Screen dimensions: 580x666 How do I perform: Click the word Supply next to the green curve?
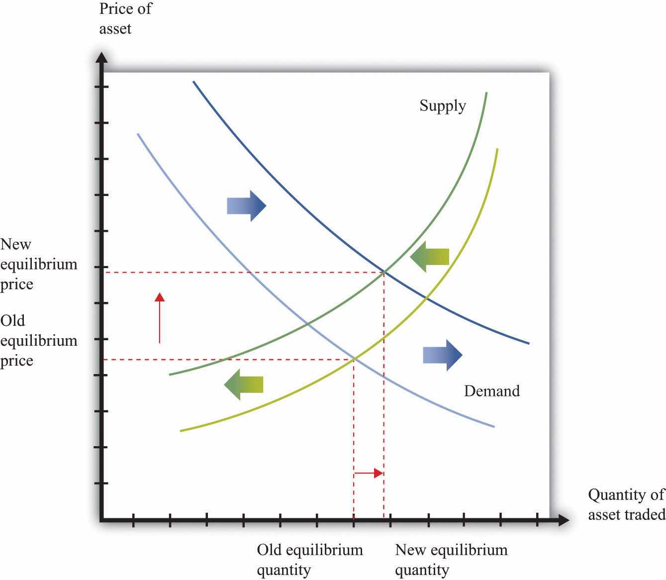coord(442,106)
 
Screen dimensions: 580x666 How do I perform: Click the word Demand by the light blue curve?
coord(491,391)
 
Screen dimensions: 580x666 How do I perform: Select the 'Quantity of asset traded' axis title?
coord(626,504)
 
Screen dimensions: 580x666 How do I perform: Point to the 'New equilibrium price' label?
coord(38,264)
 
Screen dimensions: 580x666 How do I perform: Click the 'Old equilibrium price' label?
coord(38,341)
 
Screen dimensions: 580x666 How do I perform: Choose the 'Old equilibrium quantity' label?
coord(309,560)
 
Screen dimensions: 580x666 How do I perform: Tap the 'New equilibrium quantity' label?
coord(451,560)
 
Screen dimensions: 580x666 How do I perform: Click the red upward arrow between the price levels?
coord(159,318)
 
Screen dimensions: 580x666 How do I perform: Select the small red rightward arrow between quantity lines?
coord(369,473)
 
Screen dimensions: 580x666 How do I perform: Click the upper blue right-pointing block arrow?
coord(247,205)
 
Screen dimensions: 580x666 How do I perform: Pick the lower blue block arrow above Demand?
coord(443,355)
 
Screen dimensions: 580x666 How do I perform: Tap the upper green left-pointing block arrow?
coord(430,257)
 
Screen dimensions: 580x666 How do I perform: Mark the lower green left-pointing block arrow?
coord(243,385)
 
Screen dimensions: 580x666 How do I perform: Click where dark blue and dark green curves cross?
coord(384,272)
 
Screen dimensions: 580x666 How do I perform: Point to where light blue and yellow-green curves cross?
coord(354,358)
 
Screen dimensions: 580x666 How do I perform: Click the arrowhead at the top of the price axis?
coord(101,58)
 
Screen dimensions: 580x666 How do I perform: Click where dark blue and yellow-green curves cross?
coord(426,298)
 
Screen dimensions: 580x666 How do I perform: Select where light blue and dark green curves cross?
coord(307,324)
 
